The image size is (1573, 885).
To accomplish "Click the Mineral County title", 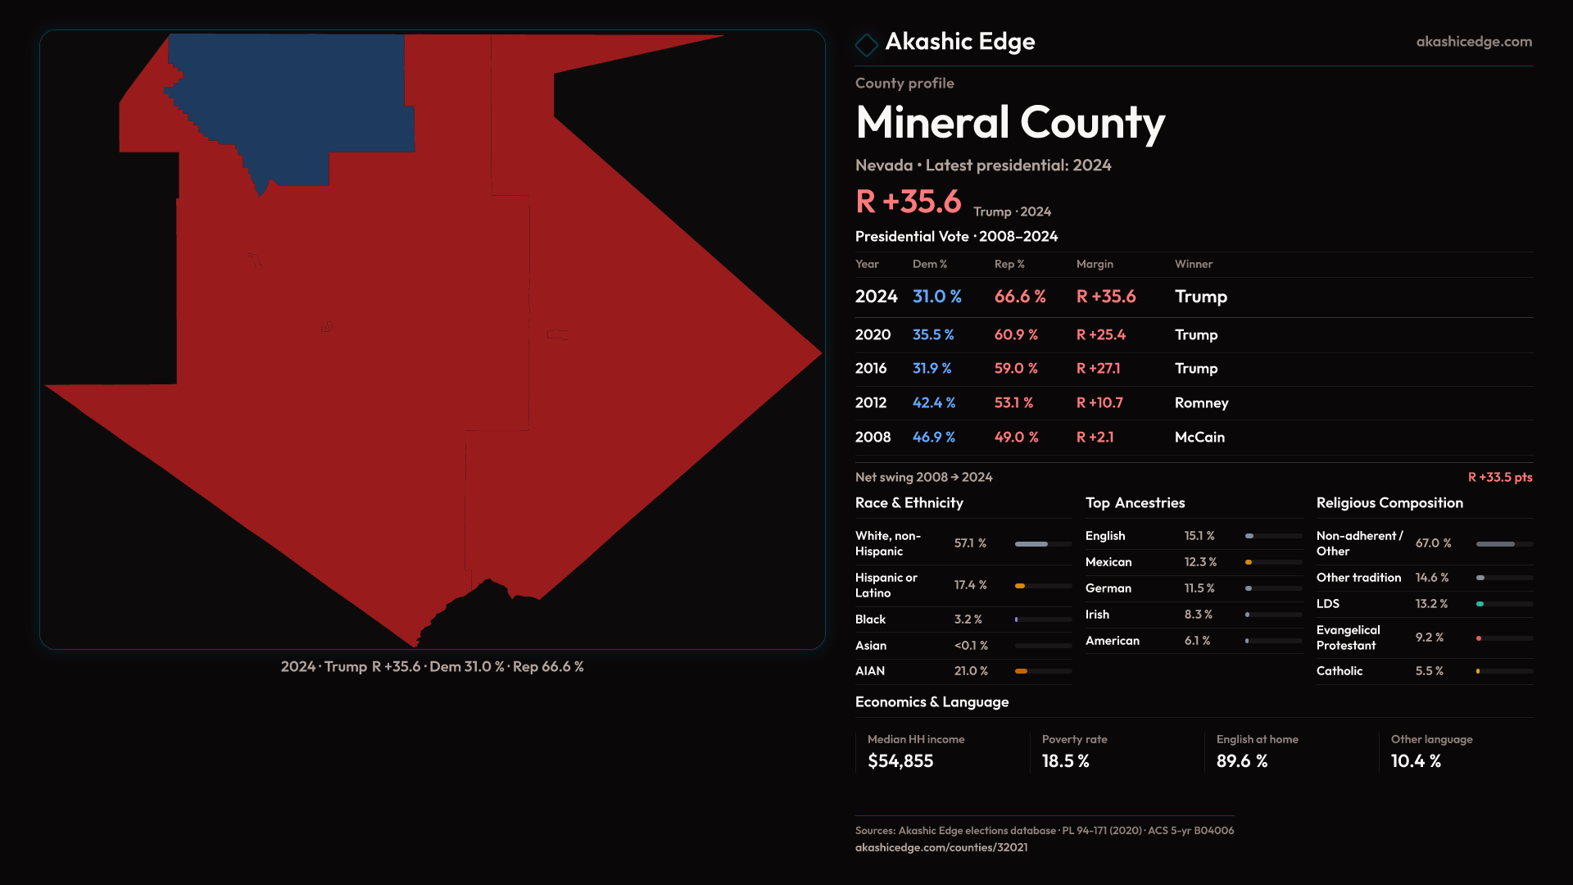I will click(x=1009, y=123).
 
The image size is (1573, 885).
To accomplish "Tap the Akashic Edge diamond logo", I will click(x=866, y=44).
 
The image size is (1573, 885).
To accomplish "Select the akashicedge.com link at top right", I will click(x=1473, y=42).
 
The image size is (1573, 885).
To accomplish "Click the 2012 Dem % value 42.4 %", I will click(x=933, y=403).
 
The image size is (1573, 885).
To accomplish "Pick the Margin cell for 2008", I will click(x=1095, y=438).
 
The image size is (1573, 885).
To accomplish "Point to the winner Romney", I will click(x=1201, y=403).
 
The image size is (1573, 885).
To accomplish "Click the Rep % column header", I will click(x=1009, y=264).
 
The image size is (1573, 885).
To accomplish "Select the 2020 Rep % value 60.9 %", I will click(x=1016, y=335).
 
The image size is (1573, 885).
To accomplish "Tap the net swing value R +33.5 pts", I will click(x=1499, y=477).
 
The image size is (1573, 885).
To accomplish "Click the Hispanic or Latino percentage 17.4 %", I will click(x=970, y=585).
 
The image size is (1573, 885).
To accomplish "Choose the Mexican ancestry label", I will click(x=1108, y=562).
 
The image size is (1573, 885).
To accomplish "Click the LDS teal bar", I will click(x=1480, y=604).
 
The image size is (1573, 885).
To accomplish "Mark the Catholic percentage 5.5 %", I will click(x=1429, y=671).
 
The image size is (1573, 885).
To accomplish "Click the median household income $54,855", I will click(x=900, y=761).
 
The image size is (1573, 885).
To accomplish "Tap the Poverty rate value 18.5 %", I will click(x=1065, y=761).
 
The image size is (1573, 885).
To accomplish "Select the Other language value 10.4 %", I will click(x=1415, y=761).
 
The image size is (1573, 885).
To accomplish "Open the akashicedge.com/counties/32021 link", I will click(x=941, y=847).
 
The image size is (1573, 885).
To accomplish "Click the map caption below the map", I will click(x=432, y=667).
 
